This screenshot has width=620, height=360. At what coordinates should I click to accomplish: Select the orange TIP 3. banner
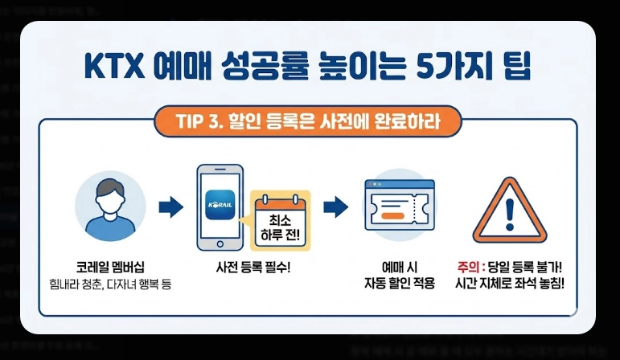coord(309,122)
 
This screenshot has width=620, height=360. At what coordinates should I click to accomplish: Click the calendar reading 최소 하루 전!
coord(281,219)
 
